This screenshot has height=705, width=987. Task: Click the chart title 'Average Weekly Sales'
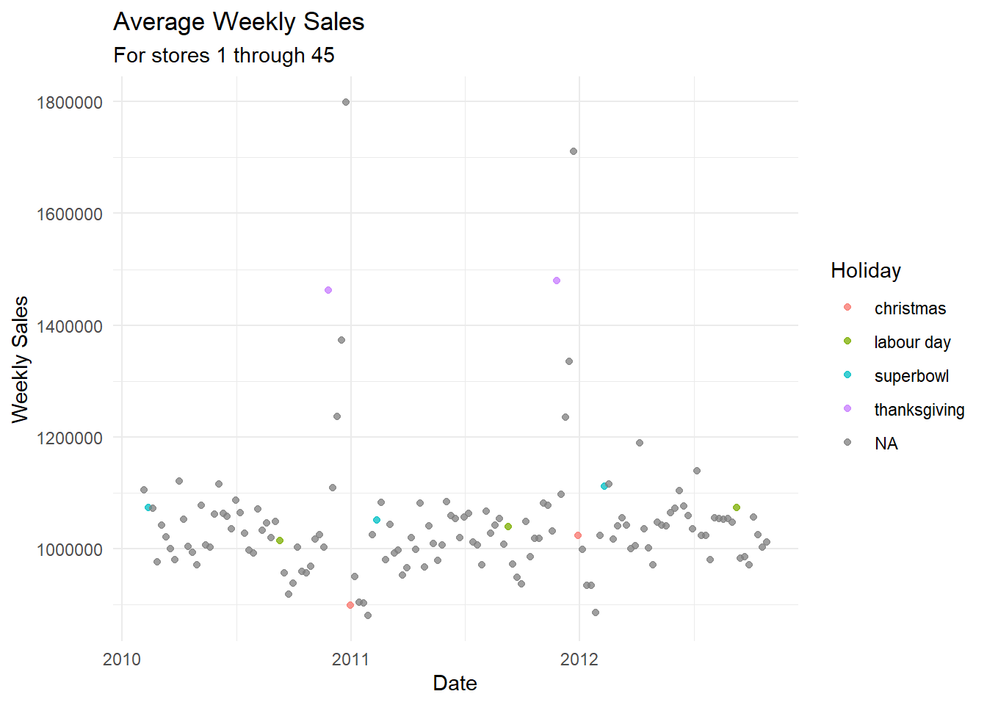coord(239,22)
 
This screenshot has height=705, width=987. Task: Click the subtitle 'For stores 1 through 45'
coord(224,55)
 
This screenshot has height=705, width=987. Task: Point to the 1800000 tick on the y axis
coord(69,102)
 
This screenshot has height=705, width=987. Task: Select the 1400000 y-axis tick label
coord(69,326)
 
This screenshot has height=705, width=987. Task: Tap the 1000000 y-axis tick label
coord(69,549)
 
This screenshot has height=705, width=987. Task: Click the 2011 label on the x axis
coord(350,659)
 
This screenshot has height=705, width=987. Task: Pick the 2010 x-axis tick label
coord(122,659)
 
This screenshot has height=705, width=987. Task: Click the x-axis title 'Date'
coord(455,683)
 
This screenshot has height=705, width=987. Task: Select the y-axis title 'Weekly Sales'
coord(20,359)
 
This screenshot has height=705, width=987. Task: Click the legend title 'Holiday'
coord(866,270)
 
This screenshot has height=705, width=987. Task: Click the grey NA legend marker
coord(847,443)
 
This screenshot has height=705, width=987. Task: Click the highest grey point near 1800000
coord(346,102)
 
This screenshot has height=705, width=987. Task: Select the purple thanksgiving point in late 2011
coord(557,281)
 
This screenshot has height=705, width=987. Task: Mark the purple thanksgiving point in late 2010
coord(328,290)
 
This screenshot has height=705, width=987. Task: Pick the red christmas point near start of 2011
coord(350,605)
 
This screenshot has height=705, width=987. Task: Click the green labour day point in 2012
coord(737,507)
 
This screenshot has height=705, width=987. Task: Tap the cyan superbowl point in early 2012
coord(604,486)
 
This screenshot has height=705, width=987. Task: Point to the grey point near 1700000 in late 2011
coord(574,151)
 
